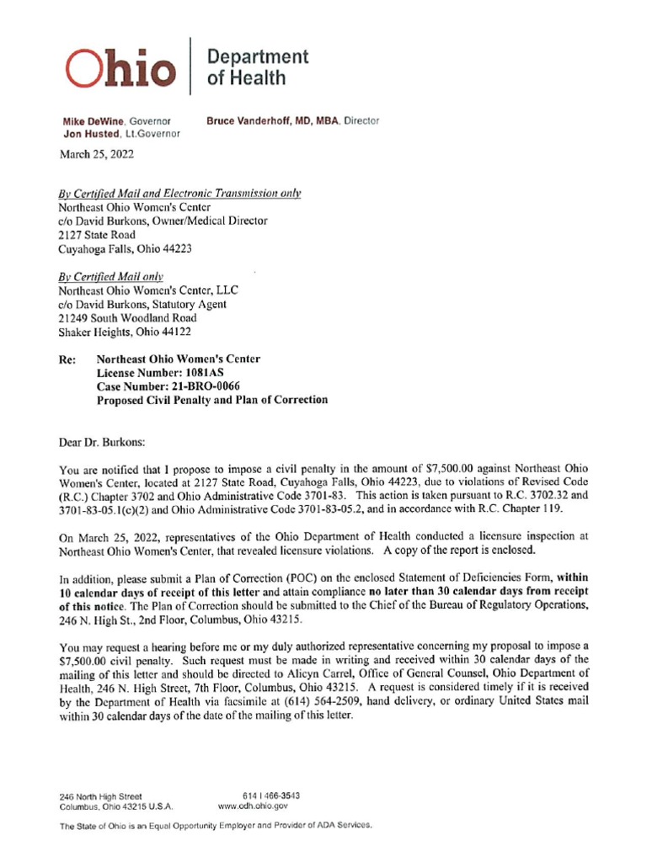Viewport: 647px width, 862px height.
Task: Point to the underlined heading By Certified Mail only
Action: coord(110,276)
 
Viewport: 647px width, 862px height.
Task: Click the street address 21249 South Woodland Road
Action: coord(127,317)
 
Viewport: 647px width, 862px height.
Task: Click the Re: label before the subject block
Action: coord(67,359)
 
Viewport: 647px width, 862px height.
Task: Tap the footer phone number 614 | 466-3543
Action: coord(271,795)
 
